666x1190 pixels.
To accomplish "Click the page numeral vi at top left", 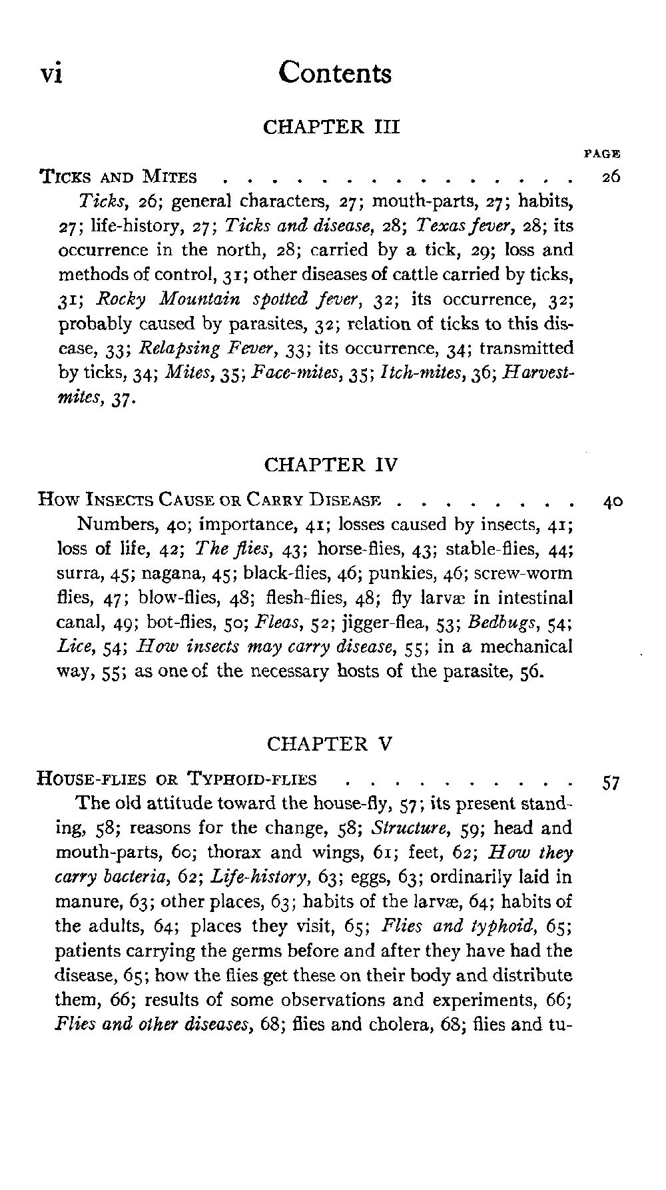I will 52,73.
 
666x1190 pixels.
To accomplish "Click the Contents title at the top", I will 335,72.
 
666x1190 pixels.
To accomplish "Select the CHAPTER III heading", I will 331,127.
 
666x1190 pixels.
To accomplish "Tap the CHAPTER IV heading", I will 331,464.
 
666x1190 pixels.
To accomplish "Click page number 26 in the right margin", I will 610,177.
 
